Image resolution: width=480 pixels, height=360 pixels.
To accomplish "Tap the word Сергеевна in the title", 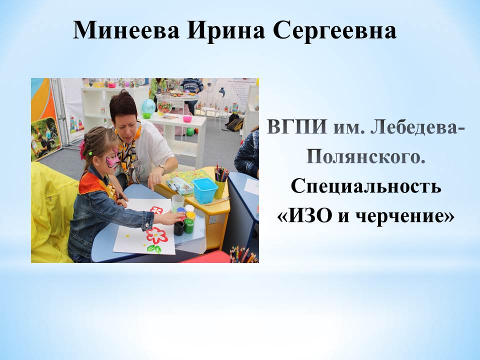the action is point(335,30).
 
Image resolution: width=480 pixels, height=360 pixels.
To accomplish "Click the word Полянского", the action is point(366,157).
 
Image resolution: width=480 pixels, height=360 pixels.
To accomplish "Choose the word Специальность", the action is point(366,186).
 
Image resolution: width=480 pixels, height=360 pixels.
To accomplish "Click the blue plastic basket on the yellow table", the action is point(205,190).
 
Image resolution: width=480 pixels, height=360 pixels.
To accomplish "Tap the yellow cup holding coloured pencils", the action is point(220,188).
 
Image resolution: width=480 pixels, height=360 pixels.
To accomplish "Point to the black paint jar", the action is point(179,228).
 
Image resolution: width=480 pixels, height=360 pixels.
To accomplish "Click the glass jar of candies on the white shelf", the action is point(164,104).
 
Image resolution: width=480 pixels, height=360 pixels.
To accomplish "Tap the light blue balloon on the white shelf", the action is point(148,106).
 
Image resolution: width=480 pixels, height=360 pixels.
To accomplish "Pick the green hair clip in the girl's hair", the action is point(90,153).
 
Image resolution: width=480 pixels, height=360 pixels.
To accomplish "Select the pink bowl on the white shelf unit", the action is point(187,119).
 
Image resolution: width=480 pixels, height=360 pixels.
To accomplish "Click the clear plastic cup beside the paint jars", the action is point(178,203).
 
